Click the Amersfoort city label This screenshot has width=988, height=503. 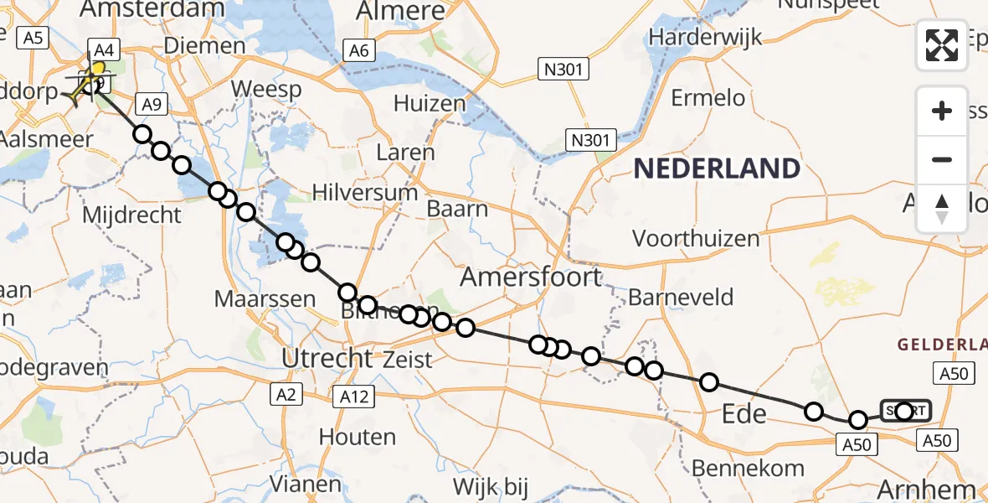pyautogui.click(x=529, y=277)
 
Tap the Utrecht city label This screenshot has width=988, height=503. pyautogui.click(x=327, y=359)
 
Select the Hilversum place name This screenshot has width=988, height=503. pyautogui.click(x=365, y=193)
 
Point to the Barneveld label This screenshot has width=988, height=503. pyautogui.click(x=681, y=297)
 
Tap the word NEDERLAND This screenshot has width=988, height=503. pyautogui.click(x=716, y=169)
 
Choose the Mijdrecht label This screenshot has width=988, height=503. pyautogui.click(x=131, y=215)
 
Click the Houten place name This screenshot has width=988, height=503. pyautogui.click(x=358, y=437)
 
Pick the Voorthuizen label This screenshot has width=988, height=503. pyautogui.click(x=696, y=239)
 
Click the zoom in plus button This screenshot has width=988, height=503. pyautogui.click(x=942, y=111)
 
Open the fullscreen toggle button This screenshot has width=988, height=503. pyautogui.click(x=942, y=44)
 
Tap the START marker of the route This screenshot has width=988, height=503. pyautogui.click(x=905, y=411)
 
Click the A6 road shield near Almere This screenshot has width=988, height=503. pyautogui.click(x=359, y=51)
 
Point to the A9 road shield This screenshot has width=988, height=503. pyautogui.click(x=151, y=104)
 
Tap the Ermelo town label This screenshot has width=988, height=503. pyautogui.click(x=708, y=98)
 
